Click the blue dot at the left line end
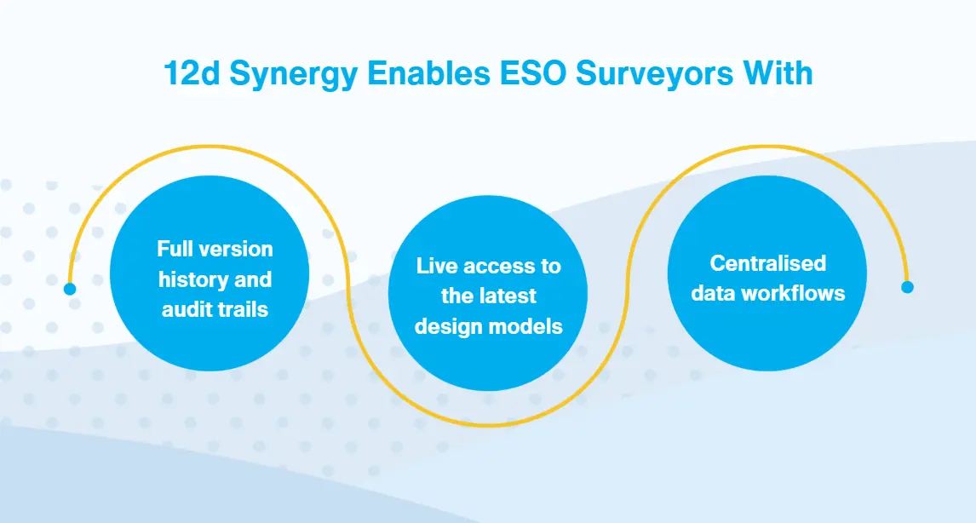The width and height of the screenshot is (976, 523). (70, 289)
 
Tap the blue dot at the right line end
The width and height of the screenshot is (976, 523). (907, 287)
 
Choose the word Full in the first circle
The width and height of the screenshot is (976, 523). (176, 250)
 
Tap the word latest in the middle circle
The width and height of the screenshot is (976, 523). (506, 296)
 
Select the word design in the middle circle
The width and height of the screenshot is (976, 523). (446, 325)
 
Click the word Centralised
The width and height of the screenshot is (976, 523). (768, 262)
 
